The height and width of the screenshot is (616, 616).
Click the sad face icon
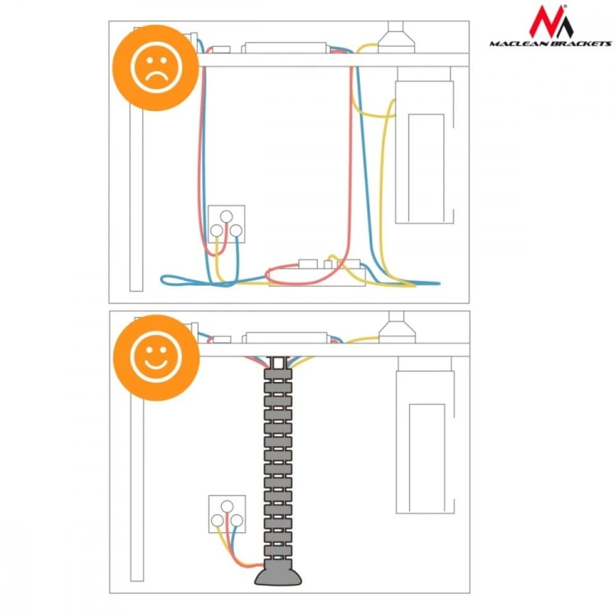coord(155,67)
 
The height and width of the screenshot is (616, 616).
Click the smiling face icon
coord(156,357)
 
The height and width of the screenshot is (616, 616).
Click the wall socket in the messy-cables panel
coord(227,224)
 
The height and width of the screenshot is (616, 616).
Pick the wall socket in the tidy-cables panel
coord(227,514)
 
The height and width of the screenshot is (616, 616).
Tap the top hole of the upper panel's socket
coord(227,217)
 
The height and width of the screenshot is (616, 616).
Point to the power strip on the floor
coord(317,274)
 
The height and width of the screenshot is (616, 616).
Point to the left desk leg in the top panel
coord(136,200)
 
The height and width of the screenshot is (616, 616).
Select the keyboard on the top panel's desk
coord(286,48)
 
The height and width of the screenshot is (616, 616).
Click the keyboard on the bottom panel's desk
coord(287,338)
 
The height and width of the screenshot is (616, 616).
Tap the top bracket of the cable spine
coord(278,362)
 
